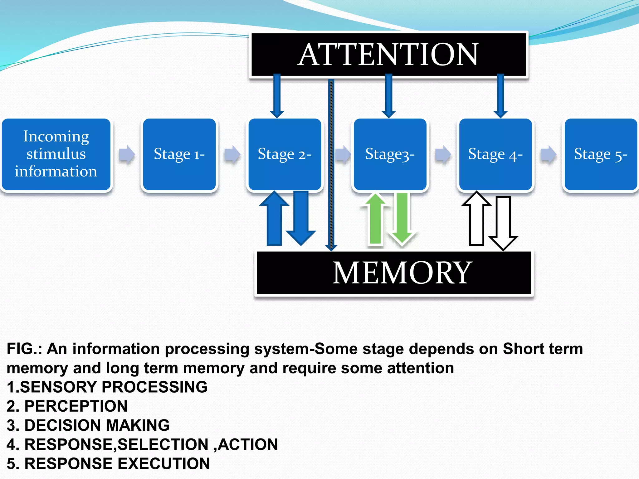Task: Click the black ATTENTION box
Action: (x=388, y=55)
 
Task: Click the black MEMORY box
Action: (x=394, y=273)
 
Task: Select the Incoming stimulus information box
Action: (x=56, y=154)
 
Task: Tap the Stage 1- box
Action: (x=179, y=154)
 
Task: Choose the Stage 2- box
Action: (x=285, y=154)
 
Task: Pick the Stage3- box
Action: (x=390, y=154)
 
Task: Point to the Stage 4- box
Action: (x=495, y=154)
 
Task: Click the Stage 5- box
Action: (x=601, y=154)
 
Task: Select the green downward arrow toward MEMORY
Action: (x=402, y=218)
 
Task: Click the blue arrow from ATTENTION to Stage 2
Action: (x=277, y=95)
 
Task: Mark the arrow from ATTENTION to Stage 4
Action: (x=500, y=95)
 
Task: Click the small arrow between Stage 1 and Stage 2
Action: (x=232, y=154)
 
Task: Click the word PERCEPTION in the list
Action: (x=76, y=406)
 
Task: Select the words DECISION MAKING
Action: (x=97, y=425)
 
